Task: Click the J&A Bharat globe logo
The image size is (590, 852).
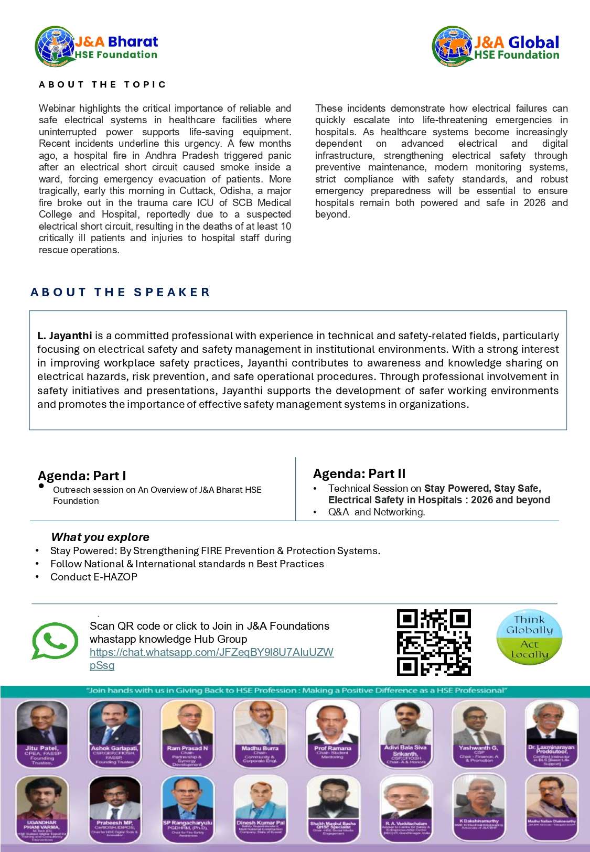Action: [x=54, y=46]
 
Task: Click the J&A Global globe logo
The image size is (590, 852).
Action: [x=452, y=46]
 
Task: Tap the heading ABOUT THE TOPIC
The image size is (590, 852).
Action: [x=102, y=84]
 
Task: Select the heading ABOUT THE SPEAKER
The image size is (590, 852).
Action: [x=120, y=292]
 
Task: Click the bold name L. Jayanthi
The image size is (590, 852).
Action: [x=65, y=336]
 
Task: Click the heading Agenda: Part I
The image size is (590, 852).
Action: [x=82, y=476]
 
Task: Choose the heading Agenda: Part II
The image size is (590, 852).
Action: [x=359, y=474]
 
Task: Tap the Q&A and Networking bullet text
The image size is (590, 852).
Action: [x=377, y=512]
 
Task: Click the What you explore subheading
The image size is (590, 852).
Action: [x=100, y=537]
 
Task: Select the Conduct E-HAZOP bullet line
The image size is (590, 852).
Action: [x=94, y=577]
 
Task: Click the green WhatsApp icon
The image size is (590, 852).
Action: [x=55, y=640]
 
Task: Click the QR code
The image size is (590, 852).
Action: [x=434, y=642]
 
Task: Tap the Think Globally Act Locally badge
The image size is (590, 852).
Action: [x=530, y=637]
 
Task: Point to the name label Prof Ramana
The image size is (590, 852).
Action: [x=332, y=748]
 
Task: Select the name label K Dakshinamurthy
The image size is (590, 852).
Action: [x=479, y=821]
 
